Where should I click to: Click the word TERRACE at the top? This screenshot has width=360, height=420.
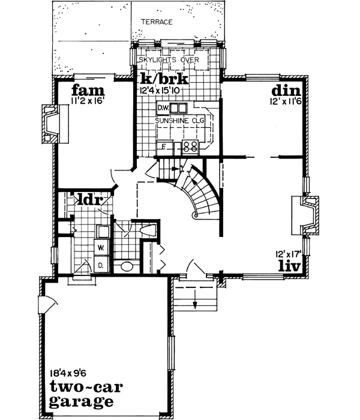pos(157,22)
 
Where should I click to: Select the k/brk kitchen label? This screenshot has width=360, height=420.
pos(164,80)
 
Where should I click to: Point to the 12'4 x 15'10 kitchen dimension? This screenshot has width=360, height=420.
pos(164,91)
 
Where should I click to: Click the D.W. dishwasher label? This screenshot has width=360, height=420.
pos(162,109)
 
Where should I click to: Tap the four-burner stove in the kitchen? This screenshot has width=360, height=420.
pos(191,145)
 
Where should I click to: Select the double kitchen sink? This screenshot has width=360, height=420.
pos(178,109)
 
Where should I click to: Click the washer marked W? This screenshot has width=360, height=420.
pos(100,246)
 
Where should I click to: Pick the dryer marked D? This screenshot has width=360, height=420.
pos(100,265)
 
